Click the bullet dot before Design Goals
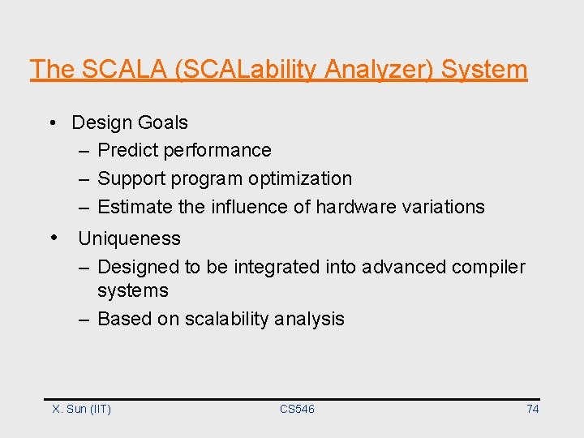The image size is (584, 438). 51,123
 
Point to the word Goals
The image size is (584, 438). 162,122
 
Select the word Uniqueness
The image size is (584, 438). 129,238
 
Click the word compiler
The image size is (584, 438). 489,267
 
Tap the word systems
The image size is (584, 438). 133,290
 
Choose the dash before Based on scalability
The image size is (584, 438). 84,319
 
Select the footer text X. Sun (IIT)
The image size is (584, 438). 82,409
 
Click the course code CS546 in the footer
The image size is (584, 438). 297,409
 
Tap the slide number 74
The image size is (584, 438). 532,409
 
